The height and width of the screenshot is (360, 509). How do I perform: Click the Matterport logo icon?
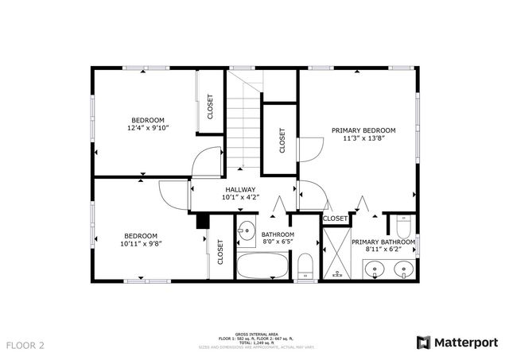pos(423,343)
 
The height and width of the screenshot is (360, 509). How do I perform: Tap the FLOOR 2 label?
pos(25,345)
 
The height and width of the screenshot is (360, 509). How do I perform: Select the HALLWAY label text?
pos(240,189)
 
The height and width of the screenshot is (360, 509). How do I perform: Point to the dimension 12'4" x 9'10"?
pos(148,127)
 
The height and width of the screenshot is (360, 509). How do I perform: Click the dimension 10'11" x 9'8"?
pos(140,243)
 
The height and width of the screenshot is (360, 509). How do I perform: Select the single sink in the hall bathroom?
pos(247,227)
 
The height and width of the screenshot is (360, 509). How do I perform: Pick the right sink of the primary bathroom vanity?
pos(404,269)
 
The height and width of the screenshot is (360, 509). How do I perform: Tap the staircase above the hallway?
pos(245,119)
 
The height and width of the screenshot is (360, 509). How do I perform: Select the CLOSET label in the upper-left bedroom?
pos(211,106)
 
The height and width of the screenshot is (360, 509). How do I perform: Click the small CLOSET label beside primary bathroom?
pos(336,218)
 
